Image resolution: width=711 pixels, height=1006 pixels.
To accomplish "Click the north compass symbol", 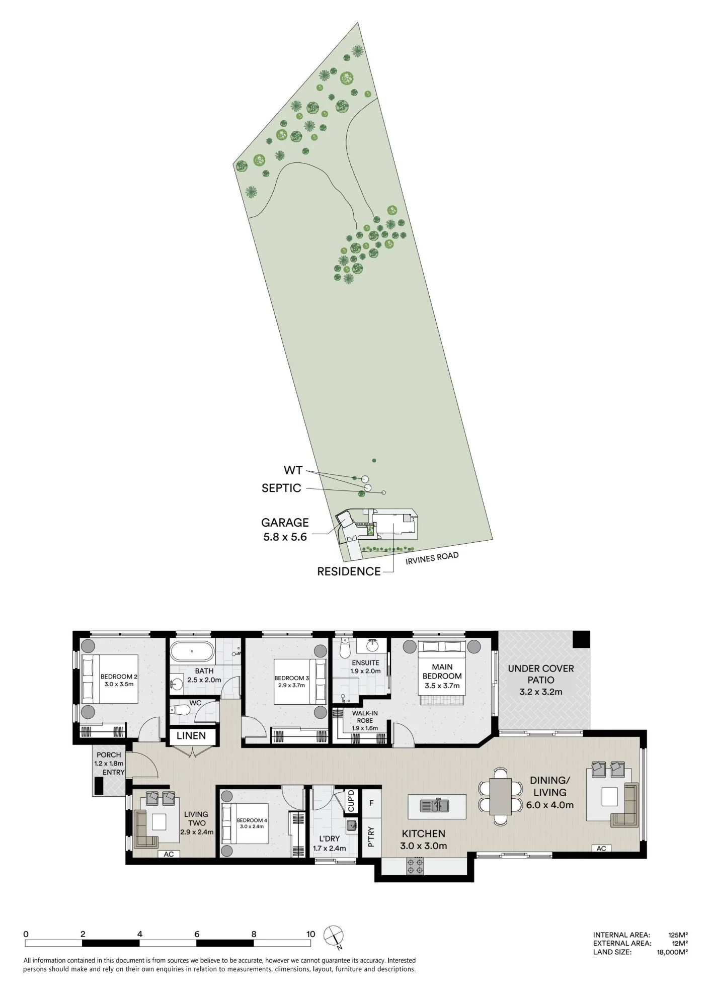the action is coord(334,936).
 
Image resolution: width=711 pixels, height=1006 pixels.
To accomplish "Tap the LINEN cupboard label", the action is coord(191,736).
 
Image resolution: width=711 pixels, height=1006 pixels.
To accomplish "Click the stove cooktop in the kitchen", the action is coord(415,866).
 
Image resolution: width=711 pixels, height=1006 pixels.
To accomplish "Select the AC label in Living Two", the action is coord(169,854).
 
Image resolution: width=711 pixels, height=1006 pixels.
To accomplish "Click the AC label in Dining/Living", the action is coord(601,848).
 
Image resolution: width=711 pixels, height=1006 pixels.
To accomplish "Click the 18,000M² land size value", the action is coord(672,952).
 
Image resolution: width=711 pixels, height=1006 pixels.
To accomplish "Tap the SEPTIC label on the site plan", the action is coord(281,488).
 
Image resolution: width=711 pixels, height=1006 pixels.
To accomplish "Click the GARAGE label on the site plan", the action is coord(285,523).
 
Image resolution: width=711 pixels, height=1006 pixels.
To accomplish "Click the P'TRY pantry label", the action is coord(371,837).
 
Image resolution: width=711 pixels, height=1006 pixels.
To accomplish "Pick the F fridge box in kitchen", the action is coord(371,803).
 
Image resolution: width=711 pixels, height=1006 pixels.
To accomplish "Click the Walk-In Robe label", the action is coord(365,717).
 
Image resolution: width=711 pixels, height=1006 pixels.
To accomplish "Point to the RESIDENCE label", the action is coord(349,571).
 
